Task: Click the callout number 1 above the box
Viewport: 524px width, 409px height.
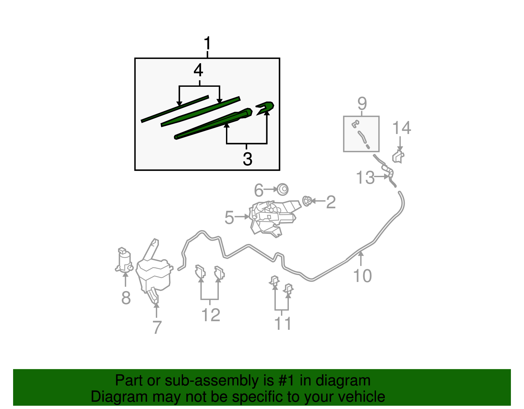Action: point(207,44)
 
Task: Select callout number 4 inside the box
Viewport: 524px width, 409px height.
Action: point(198,70)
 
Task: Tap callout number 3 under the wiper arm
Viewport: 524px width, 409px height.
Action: point(248,159)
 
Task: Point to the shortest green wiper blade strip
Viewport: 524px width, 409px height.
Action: point(175,109)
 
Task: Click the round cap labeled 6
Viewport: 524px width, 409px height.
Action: point(283,190)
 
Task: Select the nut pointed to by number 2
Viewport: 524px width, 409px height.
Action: point(307,201)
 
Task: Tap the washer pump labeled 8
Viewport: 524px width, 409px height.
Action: point(124,260)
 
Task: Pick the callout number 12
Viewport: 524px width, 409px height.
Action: point(211,315)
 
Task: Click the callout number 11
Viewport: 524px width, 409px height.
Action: point(283,324)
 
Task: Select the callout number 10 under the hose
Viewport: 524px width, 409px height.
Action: point(362,276)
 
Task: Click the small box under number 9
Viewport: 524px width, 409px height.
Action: point(361,134)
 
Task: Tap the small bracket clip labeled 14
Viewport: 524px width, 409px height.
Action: point(398,157)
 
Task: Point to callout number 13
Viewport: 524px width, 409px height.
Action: point(365,178)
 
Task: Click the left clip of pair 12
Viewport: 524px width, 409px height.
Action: point(200,272)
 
